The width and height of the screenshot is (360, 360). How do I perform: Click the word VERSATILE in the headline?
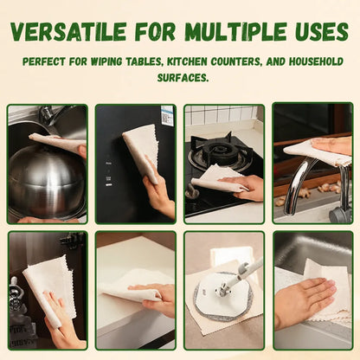click(68, 31)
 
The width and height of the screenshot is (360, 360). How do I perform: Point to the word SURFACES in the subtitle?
click(183, 77)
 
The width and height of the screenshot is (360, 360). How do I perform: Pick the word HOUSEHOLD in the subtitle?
click(316, 61)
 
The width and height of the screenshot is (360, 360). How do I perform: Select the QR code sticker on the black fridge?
click(167, 116)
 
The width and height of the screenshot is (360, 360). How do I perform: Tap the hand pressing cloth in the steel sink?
click(305, 301)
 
